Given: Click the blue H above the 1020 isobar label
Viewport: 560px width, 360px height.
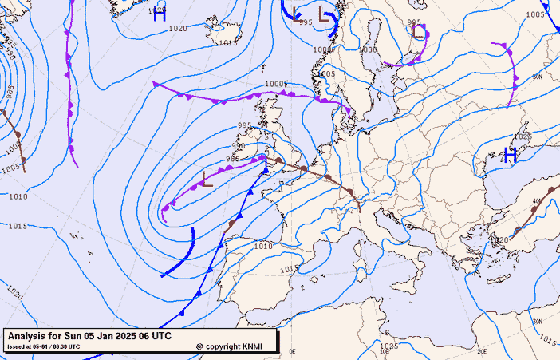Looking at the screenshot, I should pos(159,12).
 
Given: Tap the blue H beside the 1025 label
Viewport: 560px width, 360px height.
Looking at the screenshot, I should pos(509,154).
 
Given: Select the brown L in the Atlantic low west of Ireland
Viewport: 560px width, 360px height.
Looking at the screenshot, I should pos(207,178).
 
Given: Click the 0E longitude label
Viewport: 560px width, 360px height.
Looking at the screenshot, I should pos(292,351).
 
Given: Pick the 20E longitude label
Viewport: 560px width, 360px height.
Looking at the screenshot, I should pos(481,350).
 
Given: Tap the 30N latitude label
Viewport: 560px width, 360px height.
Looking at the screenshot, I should pos(536,322).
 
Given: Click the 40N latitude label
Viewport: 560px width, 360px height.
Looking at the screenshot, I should pos(537,201).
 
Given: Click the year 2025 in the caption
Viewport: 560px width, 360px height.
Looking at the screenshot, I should pos(126,337).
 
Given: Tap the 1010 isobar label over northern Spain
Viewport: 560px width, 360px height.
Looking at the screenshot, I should pos(263,247).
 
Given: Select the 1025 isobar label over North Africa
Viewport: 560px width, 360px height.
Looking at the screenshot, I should pos(388,346).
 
